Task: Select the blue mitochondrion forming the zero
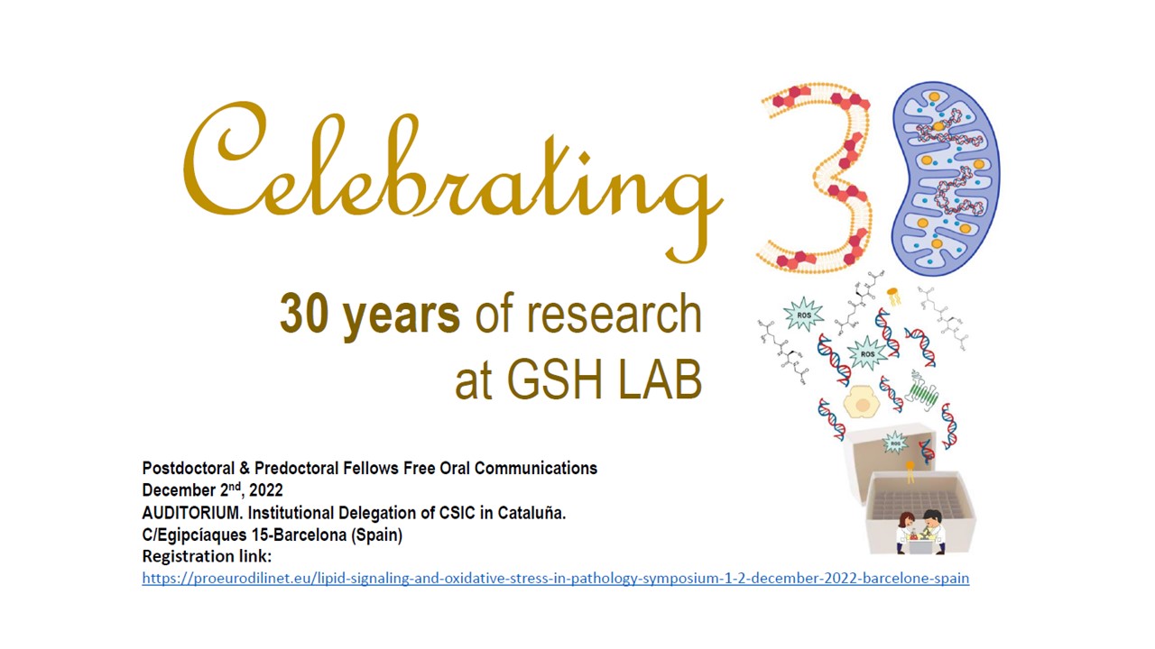pyautogui.click(x=946, y=178)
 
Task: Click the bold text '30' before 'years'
pyautogui.click(x=304, y=314)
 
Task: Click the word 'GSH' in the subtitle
pyautogui.click(x=555, y=379)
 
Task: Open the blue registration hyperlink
pyautogui.click(x=555, y=579)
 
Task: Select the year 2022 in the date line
pyautogui.click(x=265, y=489)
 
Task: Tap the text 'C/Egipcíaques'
pyautogui.click(x=194, y=535)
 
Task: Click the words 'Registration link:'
pyautogui.click(x=207, y=556)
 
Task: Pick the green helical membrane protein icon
pyautogui.click(x=922, y=390)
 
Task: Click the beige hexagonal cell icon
pyautogui.click(x=862, y=402)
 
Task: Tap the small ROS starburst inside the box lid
pyautogui.click(x=895, y=443)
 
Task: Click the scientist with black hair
pyautogui.click(x=933, y=532)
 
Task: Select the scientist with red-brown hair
pyautogui.click(x=905, y=533)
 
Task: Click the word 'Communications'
pyautogui.click(x=536, y=468)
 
